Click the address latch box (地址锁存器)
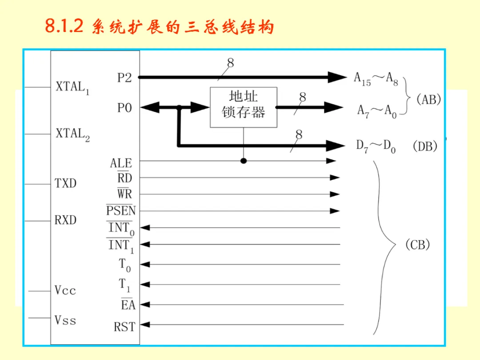point(244,107)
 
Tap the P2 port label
point(124,78)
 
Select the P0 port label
point(124,108)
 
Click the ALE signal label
point(121,163)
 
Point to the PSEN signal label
point(121,210)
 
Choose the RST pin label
point(124,327)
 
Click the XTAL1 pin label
point(72,87)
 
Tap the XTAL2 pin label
point(72,134)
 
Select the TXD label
point(65,183)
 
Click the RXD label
point(65,220)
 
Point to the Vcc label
point(65,291)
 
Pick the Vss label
point(65,320)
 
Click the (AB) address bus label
point(428,100)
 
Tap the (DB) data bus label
point(425,146)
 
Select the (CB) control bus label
point(418,245)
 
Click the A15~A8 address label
point(376,79)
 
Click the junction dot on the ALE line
point(244,160)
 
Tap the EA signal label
point(128,305)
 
